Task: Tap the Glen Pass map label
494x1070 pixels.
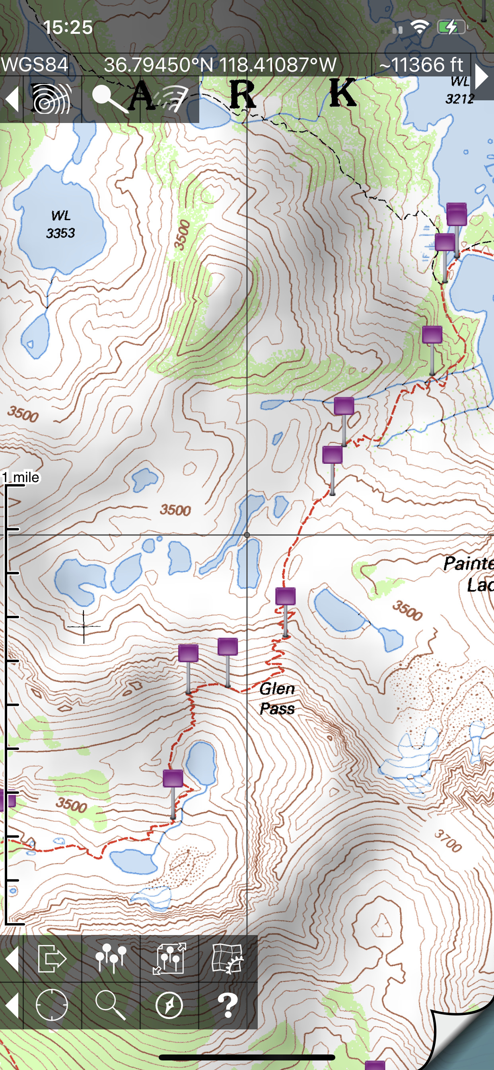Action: (277, 699)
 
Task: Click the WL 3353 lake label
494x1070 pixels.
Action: (60, 224)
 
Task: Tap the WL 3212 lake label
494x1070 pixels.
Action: (459, 90)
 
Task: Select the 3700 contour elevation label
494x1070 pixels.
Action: (448, 841)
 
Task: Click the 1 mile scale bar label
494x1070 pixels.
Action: (21, 477)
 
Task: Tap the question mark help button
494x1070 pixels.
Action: (228, 1005)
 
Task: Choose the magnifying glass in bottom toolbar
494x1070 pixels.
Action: (111, 1005)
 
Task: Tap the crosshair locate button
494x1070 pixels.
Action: (52, 1005)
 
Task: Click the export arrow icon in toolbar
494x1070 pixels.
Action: (52, 959)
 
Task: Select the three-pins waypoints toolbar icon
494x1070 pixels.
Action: (111, 959)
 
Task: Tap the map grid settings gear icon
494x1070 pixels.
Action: (228, 959)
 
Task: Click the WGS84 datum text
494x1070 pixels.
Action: (35, 65)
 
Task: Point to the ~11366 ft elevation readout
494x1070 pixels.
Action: (420, 65)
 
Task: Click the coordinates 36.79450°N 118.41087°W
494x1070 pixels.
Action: (220, 65)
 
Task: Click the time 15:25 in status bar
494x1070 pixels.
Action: (68, 27)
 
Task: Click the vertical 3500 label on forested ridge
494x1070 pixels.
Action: (182, 235)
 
